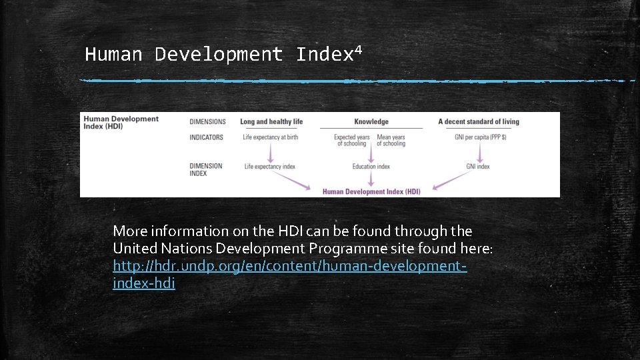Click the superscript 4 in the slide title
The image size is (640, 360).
coord(358,49)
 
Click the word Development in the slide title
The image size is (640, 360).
coord(219,55)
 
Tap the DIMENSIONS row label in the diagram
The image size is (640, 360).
coord(207,122)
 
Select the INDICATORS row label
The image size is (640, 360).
coord(207,137)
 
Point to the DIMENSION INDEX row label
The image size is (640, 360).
coord(206,169)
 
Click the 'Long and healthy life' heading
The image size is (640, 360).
coord(271,122)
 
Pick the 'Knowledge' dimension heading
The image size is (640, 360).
coord(371,122)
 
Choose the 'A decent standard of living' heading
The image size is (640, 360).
coord(478,122)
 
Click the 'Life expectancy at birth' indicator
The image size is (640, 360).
coord(270,137)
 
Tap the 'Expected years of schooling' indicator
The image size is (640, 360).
coord(351,141)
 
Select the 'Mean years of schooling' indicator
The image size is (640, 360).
coord(391,141)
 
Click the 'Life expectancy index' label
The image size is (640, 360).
coord(269,167)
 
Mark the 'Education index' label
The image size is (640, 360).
coord(371,167)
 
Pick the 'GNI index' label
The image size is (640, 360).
coord(478,167)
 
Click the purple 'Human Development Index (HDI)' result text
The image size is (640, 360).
coord(371,192)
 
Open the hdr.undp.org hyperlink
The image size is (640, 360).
coord(289,267)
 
